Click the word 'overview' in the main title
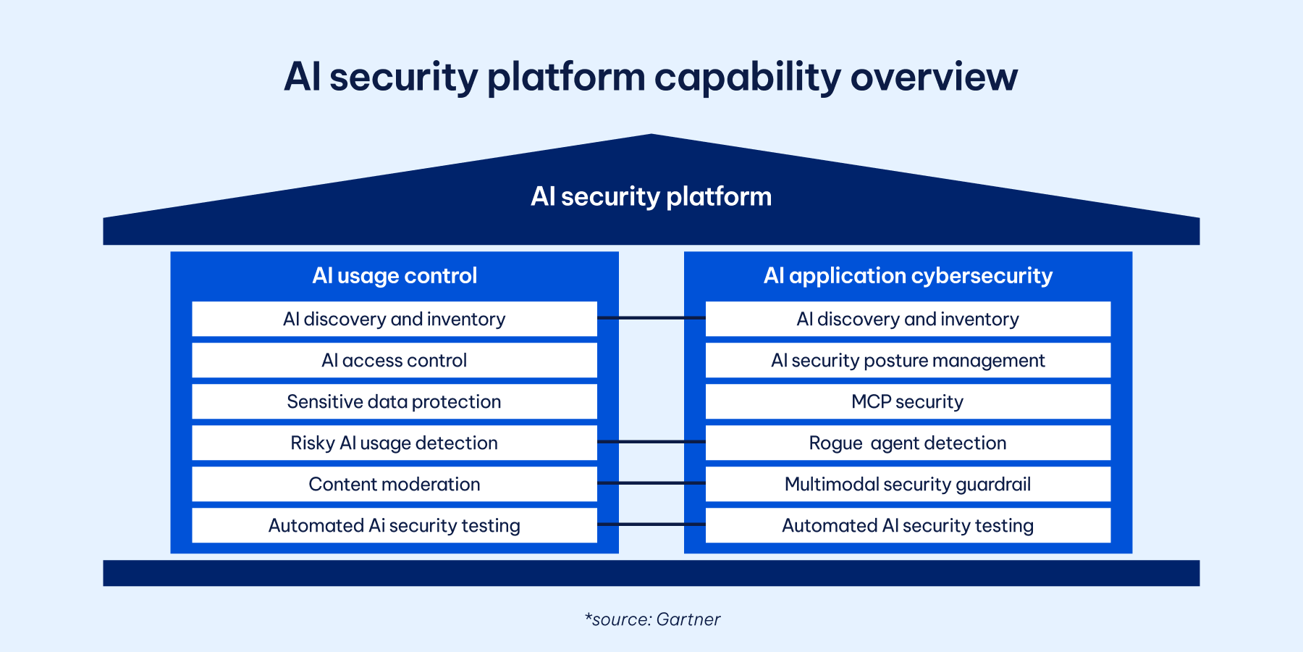[934, 77]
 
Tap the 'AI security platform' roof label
[651, 197]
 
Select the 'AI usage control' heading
[395, 276]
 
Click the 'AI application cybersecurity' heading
[908, 276]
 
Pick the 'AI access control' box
[395, 360]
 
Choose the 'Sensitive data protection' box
[395, 401]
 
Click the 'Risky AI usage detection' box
[395, 443]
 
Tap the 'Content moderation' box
[395, 484]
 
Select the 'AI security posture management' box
[908, 360]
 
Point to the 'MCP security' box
[908, 401]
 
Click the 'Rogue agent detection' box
[908, 443]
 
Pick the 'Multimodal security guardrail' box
[908, 484]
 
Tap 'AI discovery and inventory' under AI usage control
[395, 319]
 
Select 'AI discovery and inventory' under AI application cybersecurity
[908, 319]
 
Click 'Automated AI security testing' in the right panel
[908, 525]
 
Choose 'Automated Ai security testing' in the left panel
[395, 525]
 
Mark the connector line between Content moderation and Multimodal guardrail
[651, 483]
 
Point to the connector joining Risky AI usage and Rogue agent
[651, 442]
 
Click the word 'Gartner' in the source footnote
[688, 619]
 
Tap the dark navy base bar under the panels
[651, 573]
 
